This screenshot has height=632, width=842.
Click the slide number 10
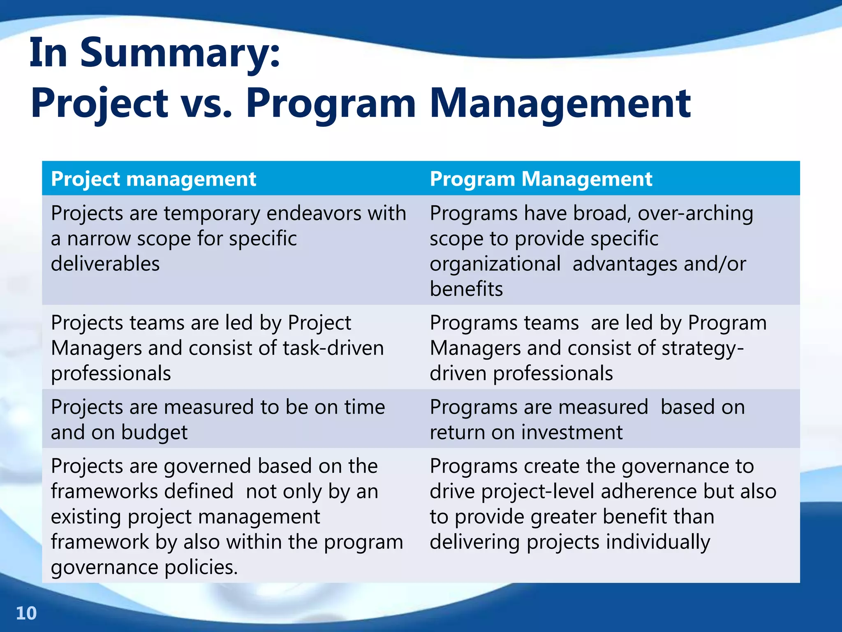[x=26, y=613]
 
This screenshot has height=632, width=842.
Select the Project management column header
[x=153, y=179]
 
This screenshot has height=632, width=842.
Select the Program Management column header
[x=541, y=179]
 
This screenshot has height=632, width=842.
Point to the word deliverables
[x=105, y=264]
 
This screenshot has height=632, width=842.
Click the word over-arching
[x=695, y=214]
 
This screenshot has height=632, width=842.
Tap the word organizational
[x=495, y=264]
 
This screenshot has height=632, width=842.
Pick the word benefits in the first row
[x=466, y=289]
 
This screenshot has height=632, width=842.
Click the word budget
[x=154, y=432]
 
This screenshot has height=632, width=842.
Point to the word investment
[x=572, y=432]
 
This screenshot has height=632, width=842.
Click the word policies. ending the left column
[x=201, y=567]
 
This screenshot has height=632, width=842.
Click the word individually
[x=659, y=542]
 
